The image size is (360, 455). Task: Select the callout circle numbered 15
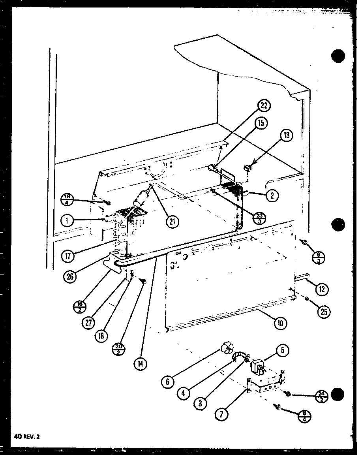click(261, 123)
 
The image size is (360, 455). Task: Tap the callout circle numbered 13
click(286, 136)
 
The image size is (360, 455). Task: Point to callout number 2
click(272, 195)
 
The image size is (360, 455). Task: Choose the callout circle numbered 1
click(68, 220)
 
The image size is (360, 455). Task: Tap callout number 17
click(69, 256)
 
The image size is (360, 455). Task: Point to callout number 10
click(281, 323)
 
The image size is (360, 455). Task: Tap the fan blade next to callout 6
click(226, 349)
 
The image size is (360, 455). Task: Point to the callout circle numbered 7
click(222, 415)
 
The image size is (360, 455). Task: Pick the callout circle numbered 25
click(324, 312)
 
